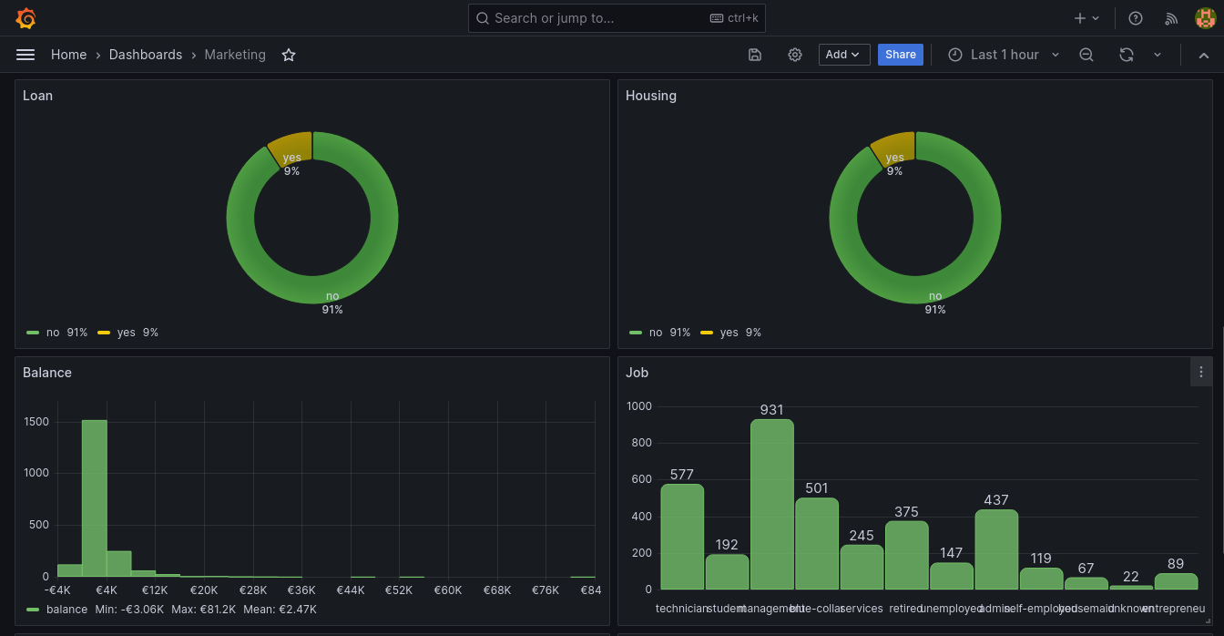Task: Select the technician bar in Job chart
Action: click(682, 537)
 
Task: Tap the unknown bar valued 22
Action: click(1130, 587)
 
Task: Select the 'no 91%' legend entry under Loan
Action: click(57, 333)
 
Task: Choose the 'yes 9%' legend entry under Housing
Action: click(730, 333)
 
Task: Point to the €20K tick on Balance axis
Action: click(204, 590)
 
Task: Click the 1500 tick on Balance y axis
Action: click(36, 422)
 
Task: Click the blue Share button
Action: click(900, 55)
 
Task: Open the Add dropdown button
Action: click(843, 55)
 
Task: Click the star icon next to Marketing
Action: click(289, 55)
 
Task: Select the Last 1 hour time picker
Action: click(1004, 55)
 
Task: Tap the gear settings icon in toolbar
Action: click(795, 55)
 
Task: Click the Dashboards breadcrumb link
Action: click(146, 55)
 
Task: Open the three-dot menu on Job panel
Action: click(1201, 372)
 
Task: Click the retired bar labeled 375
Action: click(906, 555)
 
